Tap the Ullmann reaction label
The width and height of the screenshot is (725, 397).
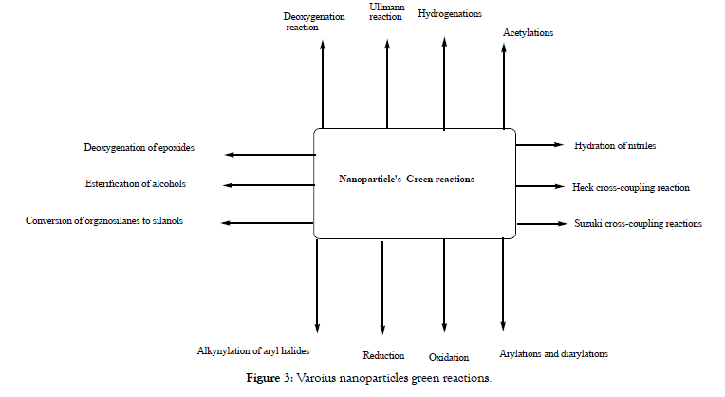tap(386, 12)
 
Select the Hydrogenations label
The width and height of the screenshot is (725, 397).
tap(450, 15)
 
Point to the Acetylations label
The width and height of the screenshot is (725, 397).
tap(528, 33)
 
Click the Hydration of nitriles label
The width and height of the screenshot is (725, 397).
tap(615, 145)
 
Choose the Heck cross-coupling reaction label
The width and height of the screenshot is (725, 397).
tap(631, 187)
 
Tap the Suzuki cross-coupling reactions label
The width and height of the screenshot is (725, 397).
tap(638, 224)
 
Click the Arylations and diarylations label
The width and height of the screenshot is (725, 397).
tap(553, 354)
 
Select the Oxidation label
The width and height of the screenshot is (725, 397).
tap(449, 357)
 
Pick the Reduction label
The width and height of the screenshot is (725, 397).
tap(383, 356)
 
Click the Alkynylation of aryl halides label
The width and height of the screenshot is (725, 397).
tap(252, 351)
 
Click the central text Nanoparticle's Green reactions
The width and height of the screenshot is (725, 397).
tap(406, 179)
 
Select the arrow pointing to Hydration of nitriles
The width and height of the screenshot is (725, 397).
tap(538, 145)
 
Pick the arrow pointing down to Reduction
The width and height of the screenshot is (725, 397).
tap(382, 285)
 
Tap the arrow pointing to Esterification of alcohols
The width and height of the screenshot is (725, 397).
tap(270, 184)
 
